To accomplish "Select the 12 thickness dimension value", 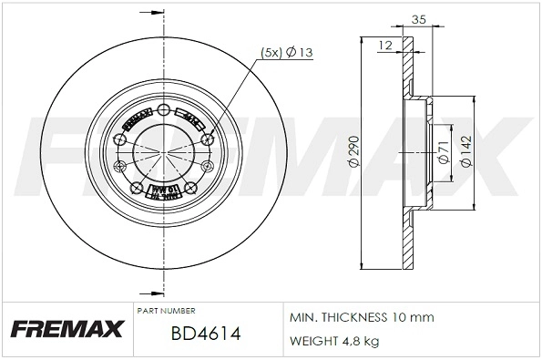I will (x=386, y=44).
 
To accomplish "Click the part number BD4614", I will (x=205, y=334).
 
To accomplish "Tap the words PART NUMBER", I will (x=167, y=311).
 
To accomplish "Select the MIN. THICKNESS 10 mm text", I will (x=362, y=317).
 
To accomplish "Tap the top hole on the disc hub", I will (x=164, y=111).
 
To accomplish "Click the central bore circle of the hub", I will (x=164, y=151).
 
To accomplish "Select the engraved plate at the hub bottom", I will (x=164, y=191).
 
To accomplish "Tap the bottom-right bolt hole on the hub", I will (x=191, y=189).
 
